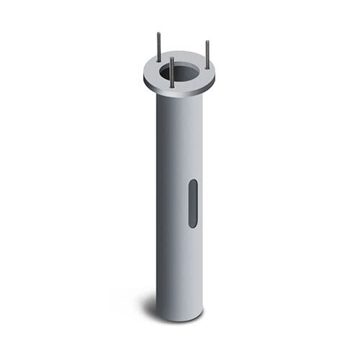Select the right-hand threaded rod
[207, 55]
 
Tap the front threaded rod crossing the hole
[171, 72]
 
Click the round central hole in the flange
[181, 71]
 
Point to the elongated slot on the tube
[193, 204]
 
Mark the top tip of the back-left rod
[158, 33]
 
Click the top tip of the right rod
[207, 42]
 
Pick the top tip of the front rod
[171, 58]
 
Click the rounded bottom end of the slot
[193, 225]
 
